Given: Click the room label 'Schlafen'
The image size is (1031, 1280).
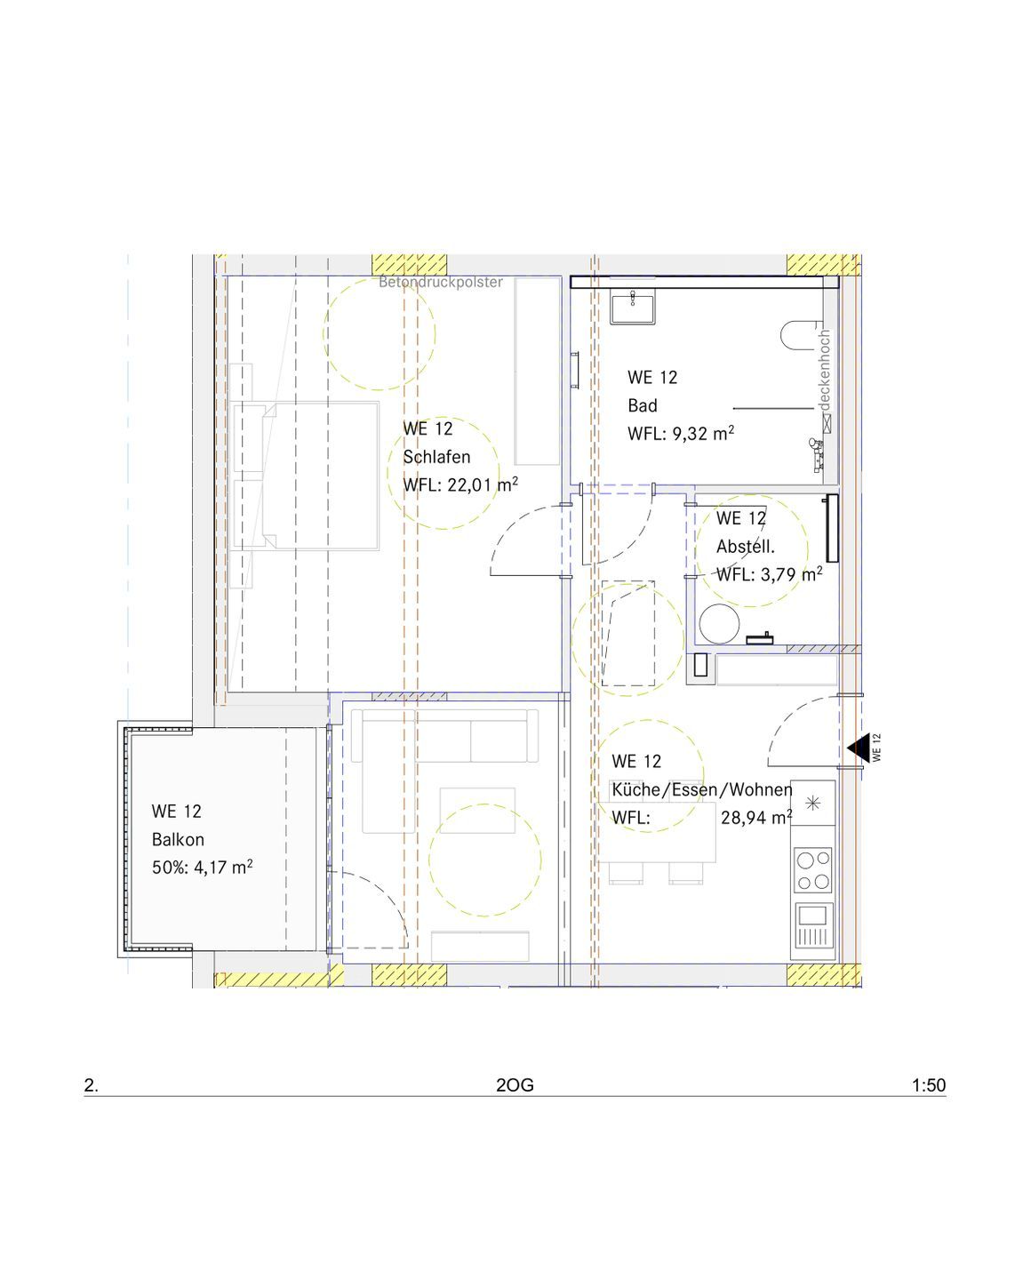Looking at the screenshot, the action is pyautogui.click(x=436, y=457).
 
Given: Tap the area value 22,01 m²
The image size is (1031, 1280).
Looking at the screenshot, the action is pyautogui.click(x=483, y=484).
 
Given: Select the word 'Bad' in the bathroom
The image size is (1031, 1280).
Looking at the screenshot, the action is pyautogui.click(x=643, y=405).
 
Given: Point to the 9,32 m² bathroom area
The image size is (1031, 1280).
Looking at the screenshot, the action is pyautogui.click(x=703, y=433).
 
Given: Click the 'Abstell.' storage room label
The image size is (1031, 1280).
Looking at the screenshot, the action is pyautogui.click(x=746, y=546).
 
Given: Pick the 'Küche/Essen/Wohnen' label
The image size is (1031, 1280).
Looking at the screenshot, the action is pyautogui.click(x=702, y=789).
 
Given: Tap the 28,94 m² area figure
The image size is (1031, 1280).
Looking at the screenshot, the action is pyautogui.click(x=756, y=818).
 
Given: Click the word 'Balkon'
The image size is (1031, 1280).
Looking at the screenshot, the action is pyautogui.click(x=178, y=839).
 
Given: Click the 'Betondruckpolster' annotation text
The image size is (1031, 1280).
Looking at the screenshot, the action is pyautogui.click(x=440, y=282).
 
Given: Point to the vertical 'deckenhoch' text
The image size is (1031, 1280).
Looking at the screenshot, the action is pyautogui.click(x=824, y=370).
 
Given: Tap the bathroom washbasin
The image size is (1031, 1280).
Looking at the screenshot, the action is pyautogui.click(x=633, y=306).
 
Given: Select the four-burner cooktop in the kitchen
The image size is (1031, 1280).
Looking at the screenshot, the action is pyautogui.click(x=812, y=870).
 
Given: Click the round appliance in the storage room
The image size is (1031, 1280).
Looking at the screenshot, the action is pyautogui.click(x=719, y=624).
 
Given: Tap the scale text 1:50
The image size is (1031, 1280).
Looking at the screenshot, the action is pyautogui.click(x=929, y=1085).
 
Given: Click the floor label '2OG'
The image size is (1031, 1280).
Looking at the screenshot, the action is pyautogui.click(x=515, y=1085).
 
